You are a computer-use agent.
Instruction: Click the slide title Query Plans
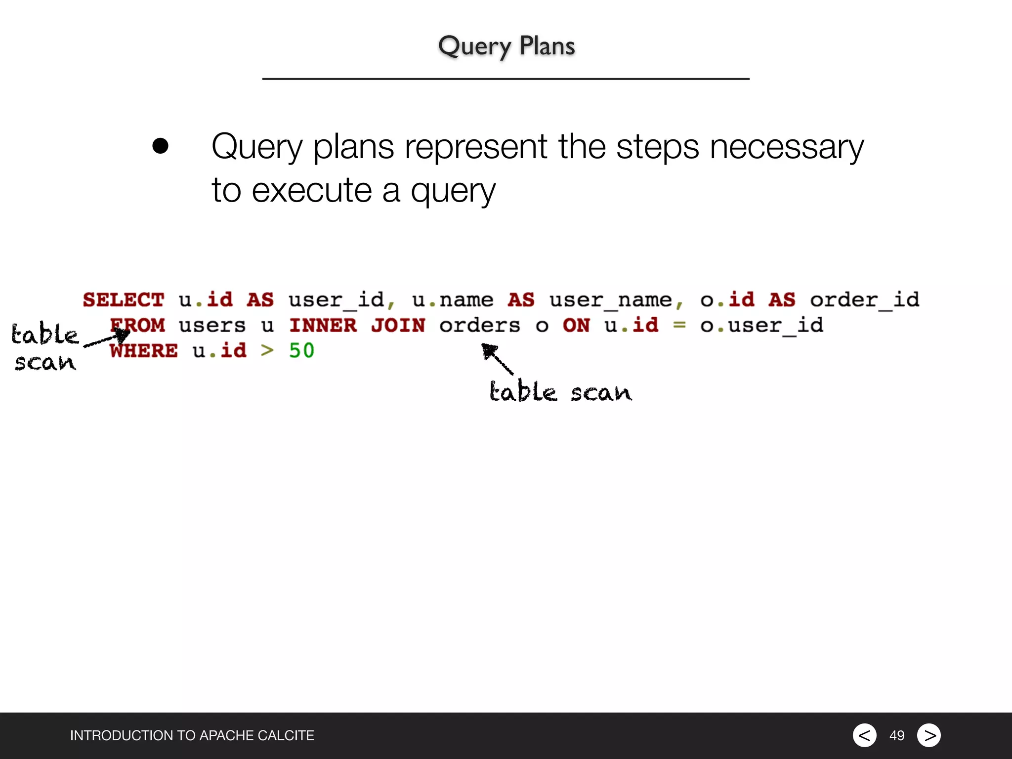[506, 46]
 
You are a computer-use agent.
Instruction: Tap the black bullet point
[161, 146]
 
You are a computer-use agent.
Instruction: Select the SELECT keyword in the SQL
[123, 300]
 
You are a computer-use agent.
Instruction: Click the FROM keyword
[138, 325]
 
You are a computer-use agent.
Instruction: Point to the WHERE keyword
[143, 351]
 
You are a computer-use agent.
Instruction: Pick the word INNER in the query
[323, 325]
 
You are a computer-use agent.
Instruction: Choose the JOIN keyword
[398, 325]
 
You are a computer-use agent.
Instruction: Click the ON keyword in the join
[576, 325]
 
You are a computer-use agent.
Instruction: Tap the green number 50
[301, 351]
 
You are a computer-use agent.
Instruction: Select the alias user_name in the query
[611, 300]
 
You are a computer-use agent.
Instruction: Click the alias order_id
[864, 300]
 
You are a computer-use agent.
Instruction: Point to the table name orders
[479, 325]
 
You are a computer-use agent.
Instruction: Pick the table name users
[212, 325]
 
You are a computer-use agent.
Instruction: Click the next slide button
[928, 735]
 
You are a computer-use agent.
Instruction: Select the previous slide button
[864, 735]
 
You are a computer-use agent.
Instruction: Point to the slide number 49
[896, 736]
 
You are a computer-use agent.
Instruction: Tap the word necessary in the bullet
[786, 147]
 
